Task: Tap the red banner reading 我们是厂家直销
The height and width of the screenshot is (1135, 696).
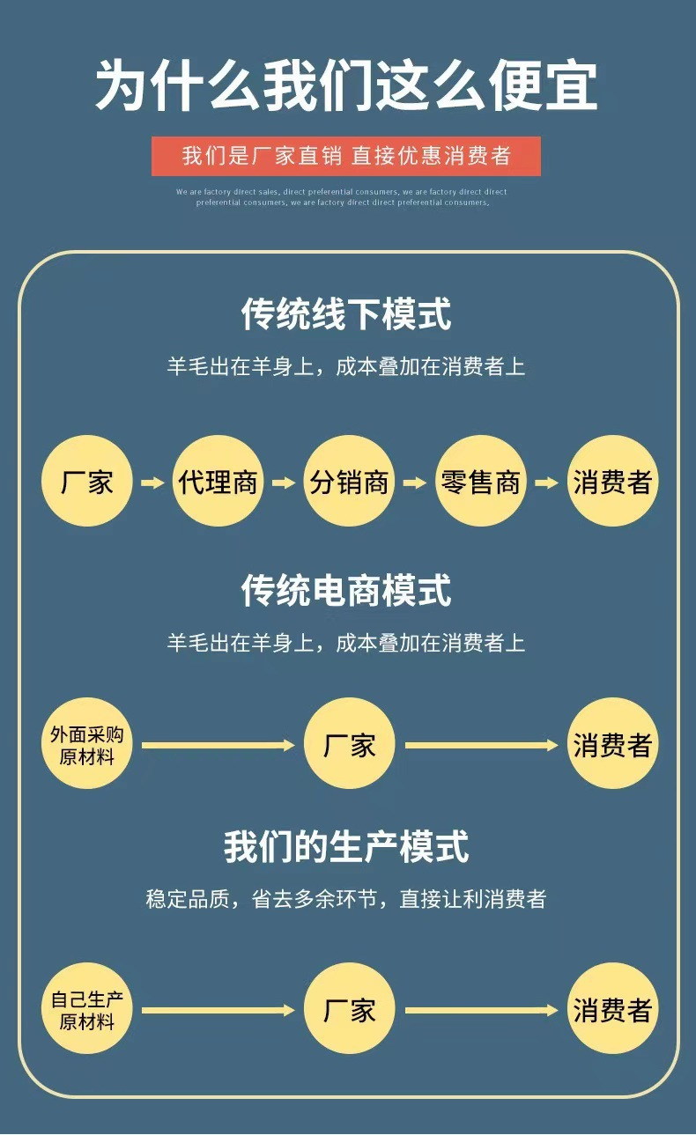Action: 346,156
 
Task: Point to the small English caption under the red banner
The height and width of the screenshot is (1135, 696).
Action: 342,196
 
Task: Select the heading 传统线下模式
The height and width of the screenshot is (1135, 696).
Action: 346,314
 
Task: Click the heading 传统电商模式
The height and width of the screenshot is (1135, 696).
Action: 346,590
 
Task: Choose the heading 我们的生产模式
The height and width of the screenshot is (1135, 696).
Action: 346,847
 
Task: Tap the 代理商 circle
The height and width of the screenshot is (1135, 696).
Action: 218,482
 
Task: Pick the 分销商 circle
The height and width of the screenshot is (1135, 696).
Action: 349,482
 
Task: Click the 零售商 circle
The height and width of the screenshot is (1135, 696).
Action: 481,482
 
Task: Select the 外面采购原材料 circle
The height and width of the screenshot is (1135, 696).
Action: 86,745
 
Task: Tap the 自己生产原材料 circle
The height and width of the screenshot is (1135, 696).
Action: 86,1009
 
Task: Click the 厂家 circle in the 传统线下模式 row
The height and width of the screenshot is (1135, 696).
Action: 86,482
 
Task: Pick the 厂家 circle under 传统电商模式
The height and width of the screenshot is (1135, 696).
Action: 349,745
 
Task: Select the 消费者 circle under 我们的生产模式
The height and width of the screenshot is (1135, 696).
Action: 611,1009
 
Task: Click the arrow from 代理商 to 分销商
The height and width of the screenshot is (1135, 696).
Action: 284,483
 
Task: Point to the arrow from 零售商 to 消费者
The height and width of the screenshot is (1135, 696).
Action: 547,483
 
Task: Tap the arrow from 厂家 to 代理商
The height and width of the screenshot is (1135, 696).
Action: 152,483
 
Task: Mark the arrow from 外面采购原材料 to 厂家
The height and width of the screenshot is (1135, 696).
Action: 218,746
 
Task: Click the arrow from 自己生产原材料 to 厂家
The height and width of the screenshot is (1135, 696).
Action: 218,1010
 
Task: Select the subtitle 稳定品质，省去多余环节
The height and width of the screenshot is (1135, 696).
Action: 346,899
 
